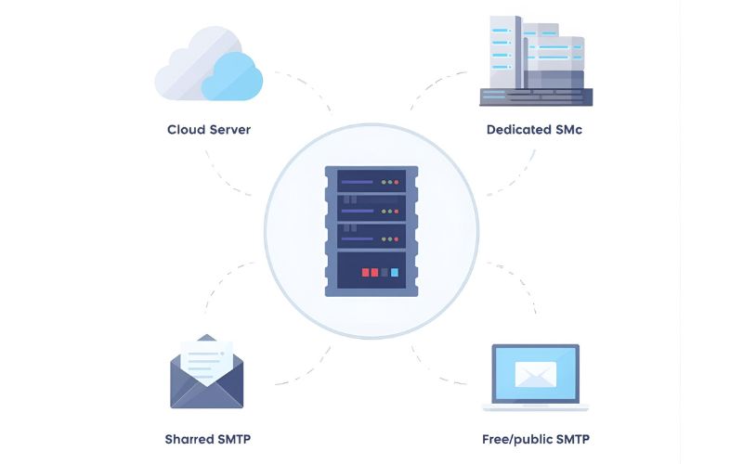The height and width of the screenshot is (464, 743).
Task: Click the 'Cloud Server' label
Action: point(208,129)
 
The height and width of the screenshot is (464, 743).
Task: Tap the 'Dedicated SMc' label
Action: point(534,129)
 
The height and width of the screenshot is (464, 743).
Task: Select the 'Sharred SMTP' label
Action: point(207,439)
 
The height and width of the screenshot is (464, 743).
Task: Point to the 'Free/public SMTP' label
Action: point(535,439)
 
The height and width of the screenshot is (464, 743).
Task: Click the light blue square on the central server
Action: point(395,273)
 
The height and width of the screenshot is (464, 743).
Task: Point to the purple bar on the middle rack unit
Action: point(358,211)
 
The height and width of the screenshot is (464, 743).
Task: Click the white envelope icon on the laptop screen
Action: point(535,373)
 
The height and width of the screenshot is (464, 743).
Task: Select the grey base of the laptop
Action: point(535,406)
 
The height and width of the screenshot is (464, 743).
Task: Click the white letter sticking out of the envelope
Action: point(205,357)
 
